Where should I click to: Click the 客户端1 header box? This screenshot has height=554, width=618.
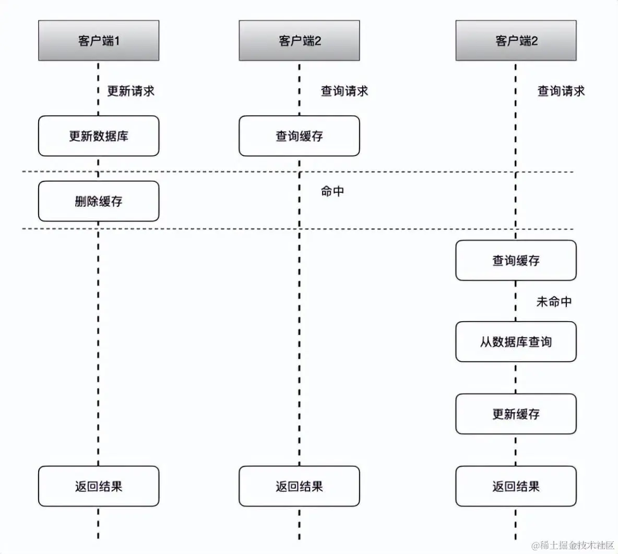[99, 41]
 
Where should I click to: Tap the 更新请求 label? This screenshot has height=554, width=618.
[131, 91]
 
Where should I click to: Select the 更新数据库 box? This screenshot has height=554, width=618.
[99, 136]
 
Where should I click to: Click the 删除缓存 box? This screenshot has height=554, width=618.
[99, 202]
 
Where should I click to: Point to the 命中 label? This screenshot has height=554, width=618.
[332, 192]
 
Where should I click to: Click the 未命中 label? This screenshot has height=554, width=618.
[554, 302]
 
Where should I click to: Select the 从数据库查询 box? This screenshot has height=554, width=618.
[516, 342]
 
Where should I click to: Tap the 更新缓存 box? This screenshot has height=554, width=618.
[516, 414]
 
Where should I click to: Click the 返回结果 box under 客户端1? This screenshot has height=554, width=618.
[99, 487]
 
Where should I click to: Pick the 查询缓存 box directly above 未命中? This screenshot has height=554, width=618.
[516, 261]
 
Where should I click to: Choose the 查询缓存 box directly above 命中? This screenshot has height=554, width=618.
[299, 136]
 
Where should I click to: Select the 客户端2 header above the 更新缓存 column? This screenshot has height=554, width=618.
[516, 41]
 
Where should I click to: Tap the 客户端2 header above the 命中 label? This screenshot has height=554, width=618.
[299, 41]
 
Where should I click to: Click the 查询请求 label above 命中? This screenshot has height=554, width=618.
[344, 91]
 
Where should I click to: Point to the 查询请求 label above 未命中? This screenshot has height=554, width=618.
[561, 91]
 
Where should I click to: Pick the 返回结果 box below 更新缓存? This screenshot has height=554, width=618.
[516, 487]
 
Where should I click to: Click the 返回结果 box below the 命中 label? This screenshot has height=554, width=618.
[299, 487]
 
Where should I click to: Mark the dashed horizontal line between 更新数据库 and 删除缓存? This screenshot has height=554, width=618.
[209, 172]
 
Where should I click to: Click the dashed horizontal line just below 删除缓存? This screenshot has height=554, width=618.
[209, 229]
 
